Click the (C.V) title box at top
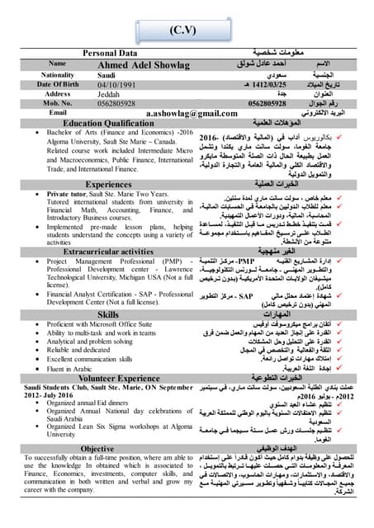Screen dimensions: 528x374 tap(187, 30)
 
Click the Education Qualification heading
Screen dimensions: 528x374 tap(108, 123)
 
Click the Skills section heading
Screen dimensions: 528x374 tap(108, 314)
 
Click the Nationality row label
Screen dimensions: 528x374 tap(58, 74)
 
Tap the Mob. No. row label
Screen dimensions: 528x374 tap(58, 104)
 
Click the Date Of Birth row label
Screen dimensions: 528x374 tap(58, 84)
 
